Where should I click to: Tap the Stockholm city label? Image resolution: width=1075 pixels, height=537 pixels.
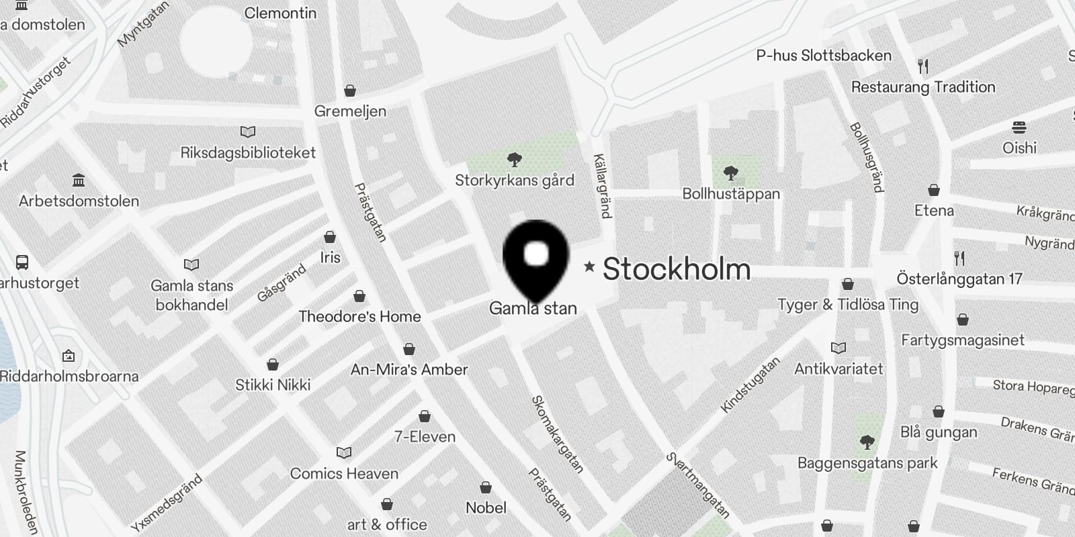(x=676, y=269)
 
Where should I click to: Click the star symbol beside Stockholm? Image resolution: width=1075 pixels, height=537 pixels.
(x=589, y=266)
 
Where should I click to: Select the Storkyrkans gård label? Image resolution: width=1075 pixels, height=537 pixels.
(x=515, y=180)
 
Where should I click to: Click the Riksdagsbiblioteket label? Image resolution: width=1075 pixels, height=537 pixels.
(x=248, y=153)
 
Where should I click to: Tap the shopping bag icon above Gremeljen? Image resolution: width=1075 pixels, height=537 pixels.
(x=349, y=91)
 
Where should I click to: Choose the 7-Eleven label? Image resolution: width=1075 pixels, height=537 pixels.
(x=425, y=437)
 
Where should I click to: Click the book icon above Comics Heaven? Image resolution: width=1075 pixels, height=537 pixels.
(x=344, y=453)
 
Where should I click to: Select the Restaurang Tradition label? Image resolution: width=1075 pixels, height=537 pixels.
(x=922, y=87)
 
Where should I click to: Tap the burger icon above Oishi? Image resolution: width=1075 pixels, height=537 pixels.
(x=1019, y=128)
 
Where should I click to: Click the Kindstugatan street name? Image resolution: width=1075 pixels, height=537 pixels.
(x=750, y=385)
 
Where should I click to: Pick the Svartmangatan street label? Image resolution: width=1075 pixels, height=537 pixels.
(x=697, y=485)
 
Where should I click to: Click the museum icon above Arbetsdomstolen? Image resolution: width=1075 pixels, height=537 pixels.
(x=79, y=181)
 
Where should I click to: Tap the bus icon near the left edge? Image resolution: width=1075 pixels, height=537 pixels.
(x=22, y=262)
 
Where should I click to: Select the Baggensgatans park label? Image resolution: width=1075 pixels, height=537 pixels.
(x=867, y=463)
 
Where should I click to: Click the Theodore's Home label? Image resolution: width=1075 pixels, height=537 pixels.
(x=359, y=317)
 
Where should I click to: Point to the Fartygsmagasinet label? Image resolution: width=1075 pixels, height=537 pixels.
(x=962, y=340)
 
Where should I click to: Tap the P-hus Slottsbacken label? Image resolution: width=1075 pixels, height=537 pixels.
(x=824, y=56)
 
